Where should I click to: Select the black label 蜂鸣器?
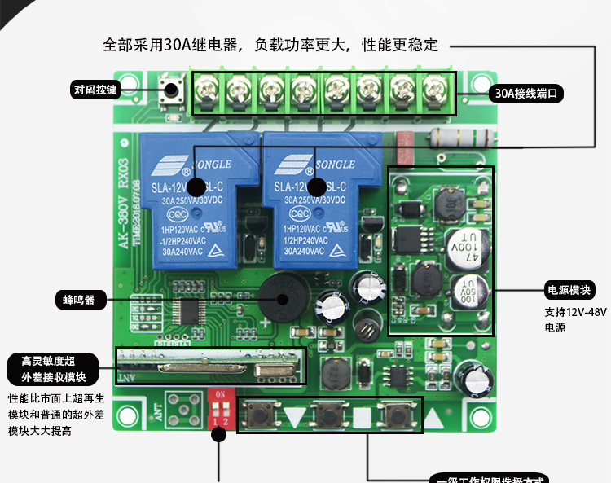point(79,299)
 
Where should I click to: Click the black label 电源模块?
point(569,290)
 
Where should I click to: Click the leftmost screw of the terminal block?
point(204,87)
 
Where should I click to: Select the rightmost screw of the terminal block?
point(432,87)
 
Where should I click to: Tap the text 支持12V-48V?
point(575,312)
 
